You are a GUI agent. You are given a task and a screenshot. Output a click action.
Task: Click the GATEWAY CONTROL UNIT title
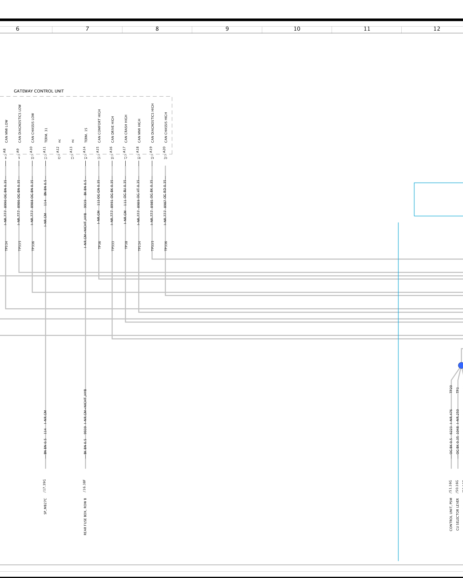click(x=39, y=91)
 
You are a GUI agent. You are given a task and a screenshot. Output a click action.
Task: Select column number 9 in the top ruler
click(x=227, y=29)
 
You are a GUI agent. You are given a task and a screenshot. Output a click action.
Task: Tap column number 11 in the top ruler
click(x=367, y=29)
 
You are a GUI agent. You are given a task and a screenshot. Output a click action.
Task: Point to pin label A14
click(x=84, y=150)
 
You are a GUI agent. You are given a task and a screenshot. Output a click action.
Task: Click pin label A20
click(x=164, y=150)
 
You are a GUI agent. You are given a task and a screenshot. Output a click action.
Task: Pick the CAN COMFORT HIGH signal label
click(x=99, y=126)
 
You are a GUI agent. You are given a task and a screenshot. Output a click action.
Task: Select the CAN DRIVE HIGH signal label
click(x=113, y=129)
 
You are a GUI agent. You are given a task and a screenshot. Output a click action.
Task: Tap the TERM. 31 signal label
click(x=46, y=135)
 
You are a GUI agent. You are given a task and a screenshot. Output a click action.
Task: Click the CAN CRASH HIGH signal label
click(x=126, y=129)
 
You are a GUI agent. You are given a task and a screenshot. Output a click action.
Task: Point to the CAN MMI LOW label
click(x=6, y=131)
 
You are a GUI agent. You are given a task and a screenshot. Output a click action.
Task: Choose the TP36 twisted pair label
click(x=100, y=245)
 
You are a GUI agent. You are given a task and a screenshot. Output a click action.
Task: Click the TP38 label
click(x=126, y=245)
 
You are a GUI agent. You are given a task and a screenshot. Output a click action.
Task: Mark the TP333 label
click(x=113, y=246)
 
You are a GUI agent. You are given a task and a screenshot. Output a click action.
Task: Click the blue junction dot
click(x=461, y=366)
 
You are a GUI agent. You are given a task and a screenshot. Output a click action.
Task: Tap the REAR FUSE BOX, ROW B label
click(x=85, y=516)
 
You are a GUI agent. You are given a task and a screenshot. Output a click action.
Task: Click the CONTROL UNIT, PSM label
click(x=451, y=514)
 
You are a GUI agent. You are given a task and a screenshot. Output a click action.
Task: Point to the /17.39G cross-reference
click(x=45, y=486)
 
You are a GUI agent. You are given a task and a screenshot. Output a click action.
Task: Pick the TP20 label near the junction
click(x=451, y=389)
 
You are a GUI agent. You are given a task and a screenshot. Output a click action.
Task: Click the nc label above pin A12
click(x=60, y=141)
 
